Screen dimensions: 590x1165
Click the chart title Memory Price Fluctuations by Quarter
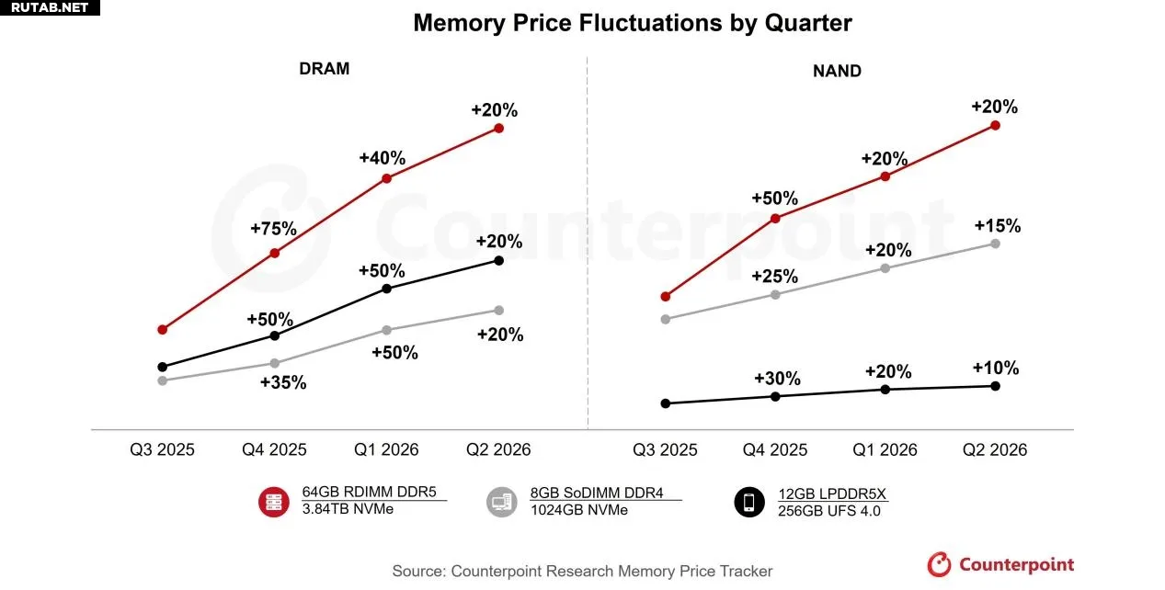[632, 23]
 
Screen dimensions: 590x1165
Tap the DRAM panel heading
[324, 69]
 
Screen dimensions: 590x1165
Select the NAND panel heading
[837, 70]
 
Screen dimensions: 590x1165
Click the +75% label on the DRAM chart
[273, 229]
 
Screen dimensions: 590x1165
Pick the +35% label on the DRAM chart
[283, 383]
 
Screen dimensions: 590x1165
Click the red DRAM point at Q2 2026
[498, 128]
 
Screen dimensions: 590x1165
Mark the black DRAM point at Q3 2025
[163, 367]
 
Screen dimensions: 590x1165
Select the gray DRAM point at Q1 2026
[386, 330]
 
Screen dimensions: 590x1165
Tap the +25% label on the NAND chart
[774, 277]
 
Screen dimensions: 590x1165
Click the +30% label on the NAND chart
[777, 379]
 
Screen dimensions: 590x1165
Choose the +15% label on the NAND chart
[997, 226]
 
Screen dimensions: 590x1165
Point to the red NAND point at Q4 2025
[775, 218]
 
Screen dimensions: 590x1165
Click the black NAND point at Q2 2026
[995, 386]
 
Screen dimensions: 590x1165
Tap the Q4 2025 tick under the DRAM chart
[274, 450]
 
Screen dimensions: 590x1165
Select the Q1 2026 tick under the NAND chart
[885, 450]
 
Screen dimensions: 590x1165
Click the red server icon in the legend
[275, 501]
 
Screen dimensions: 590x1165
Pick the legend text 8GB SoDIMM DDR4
[597, 494]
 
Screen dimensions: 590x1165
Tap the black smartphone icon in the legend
[750, 501]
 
